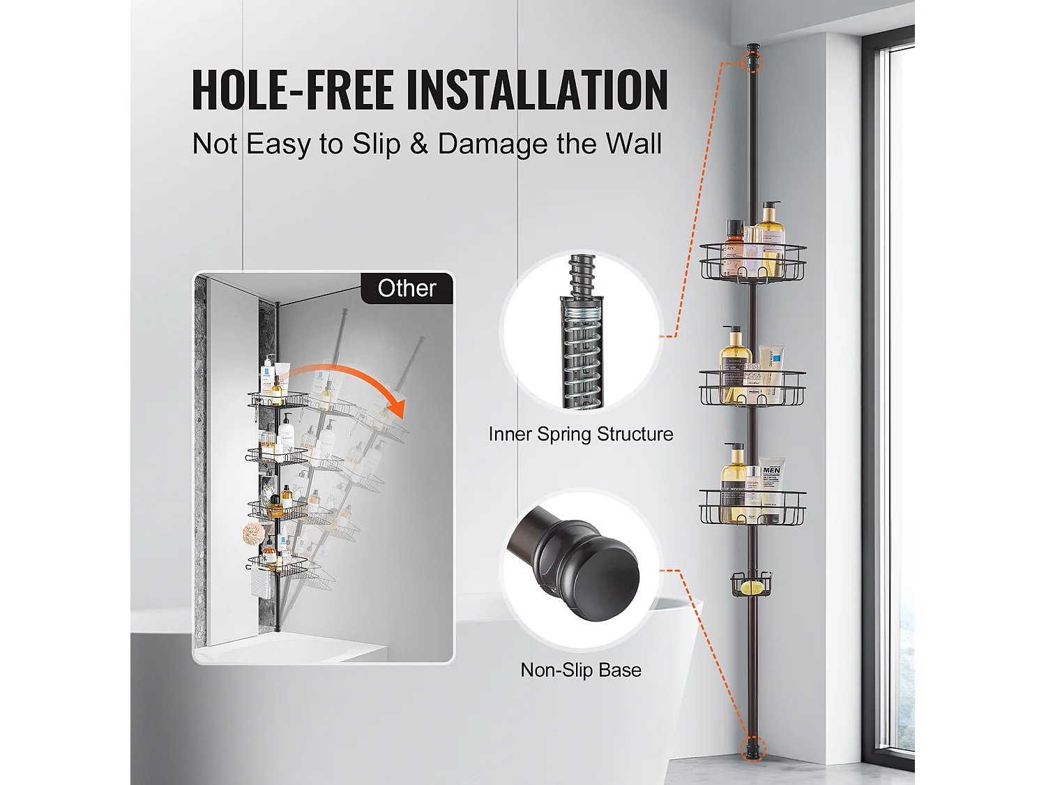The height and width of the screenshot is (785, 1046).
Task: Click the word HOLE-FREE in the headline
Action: click(293, 89)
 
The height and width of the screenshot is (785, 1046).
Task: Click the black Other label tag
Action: click(407, 288)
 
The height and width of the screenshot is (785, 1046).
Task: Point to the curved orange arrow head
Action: click(396, 409)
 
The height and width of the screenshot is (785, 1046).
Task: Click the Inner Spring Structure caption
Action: click(581, 434)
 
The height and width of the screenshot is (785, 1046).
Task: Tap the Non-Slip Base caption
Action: click(581, 670)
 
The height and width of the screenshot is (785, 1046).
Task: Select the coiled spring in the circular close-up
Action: click(582, 355)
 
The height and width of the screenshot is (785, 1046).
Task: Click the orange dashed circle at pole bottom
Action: click(753, 747)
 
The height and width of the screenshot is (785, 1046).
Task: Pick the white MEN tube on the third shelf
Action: click(772, 486)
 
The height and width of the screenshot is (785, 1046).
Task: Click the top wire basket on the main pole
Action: click(753, 262)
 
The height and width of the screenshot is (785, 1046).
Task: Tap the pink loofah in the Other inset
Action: click(254, 534)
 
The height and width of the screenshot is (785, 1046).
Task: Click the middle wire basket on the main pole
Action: click(753, 389)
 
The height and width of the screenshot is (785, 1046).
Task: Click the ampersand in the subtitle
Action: click(419, 143)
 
